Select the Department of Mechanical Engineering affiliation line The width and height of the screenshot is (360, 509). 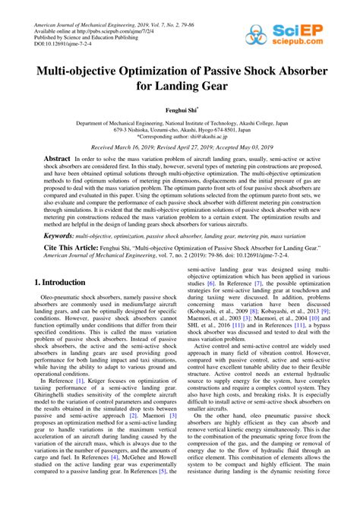(180, 121)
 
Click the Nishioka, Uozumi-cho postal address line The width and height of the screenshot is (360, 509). (180, 128)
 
